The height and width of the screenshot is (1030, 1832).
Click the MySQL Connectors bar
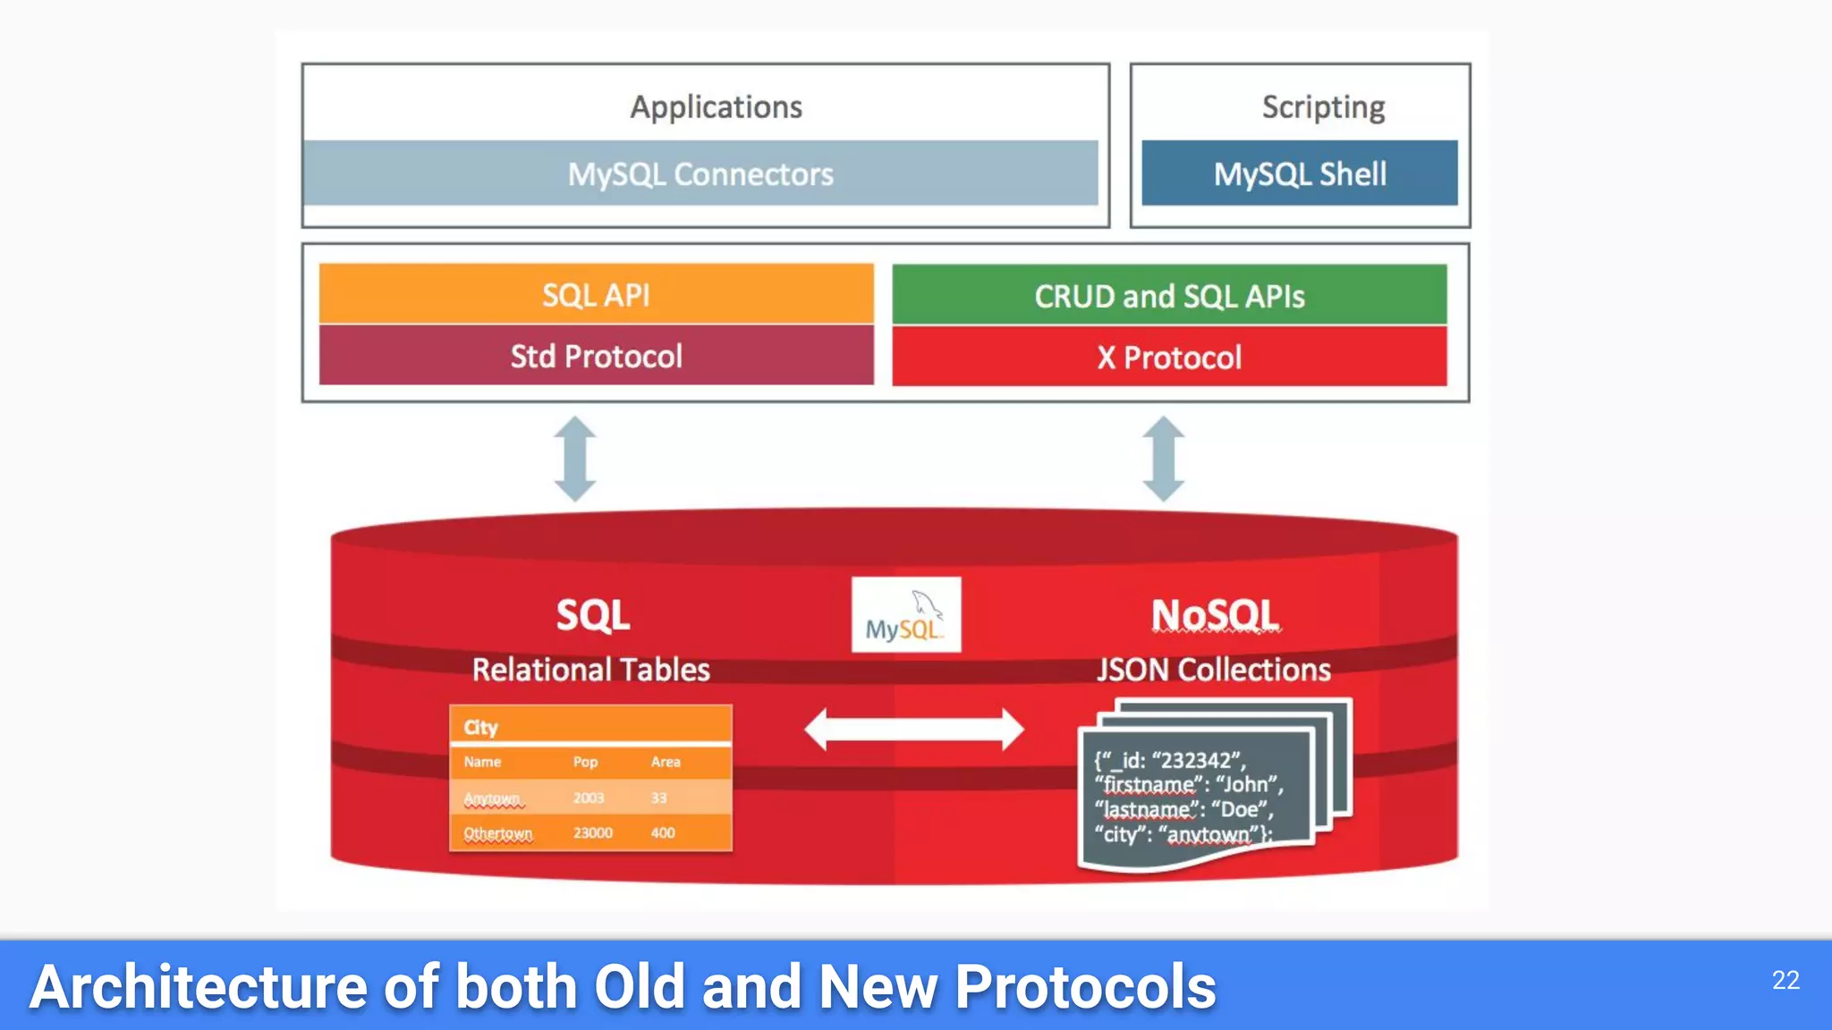(700, 173)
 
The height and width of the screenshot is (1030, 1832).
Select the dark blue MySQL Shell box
(1299, 173)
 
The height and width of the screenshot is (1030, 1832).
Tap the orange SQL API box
(596, 294)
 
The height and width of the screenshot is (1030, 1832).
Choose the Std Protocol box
(596, 356)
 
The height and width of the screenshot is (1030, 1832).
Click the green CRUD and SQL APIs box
(1169, 295)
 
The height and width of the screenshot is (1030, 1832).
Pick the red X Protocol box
(1169, 357)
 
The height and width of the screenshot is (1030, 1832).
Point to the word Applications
(716, 106)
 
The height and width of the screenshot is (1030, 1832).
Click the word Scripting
(1323, 107)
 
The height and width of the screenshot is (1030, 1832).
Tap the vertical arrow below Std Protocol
(574, 459)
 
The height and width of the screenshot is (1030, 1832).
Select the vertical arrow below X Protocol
(1164, 459)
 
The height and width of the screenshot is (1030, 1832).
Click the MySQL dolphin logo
(906, 614)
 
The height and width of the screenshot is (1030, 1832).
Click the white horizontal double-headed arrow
(913, 730)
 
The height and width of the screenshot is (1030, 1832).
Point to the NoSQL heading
(1215, 615)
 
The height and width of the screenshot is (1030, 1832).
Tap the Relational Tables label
(590, 670)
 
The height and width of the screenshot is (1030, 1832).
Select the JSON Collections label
(1214, 670)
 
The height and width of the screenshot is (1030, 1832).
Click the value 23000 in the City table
(592, 832)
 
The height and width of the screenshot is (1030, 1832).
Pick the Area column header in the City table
(666, 762)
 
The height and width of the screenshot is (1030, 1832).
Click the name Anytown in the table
(492, 798)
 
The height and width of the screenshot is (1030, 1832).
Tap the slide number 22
(1785, 980)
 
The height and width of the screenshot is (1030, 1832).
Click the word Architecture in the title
(198, 986)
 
